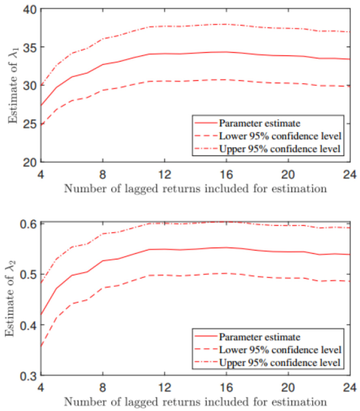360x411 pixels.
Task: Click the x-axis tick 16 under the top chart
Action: [226, 175]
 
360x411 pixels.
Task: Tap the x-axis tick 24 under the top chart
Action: [349, 175]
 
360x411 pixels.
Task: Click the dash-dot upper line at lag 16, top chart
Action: [226, 24]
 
